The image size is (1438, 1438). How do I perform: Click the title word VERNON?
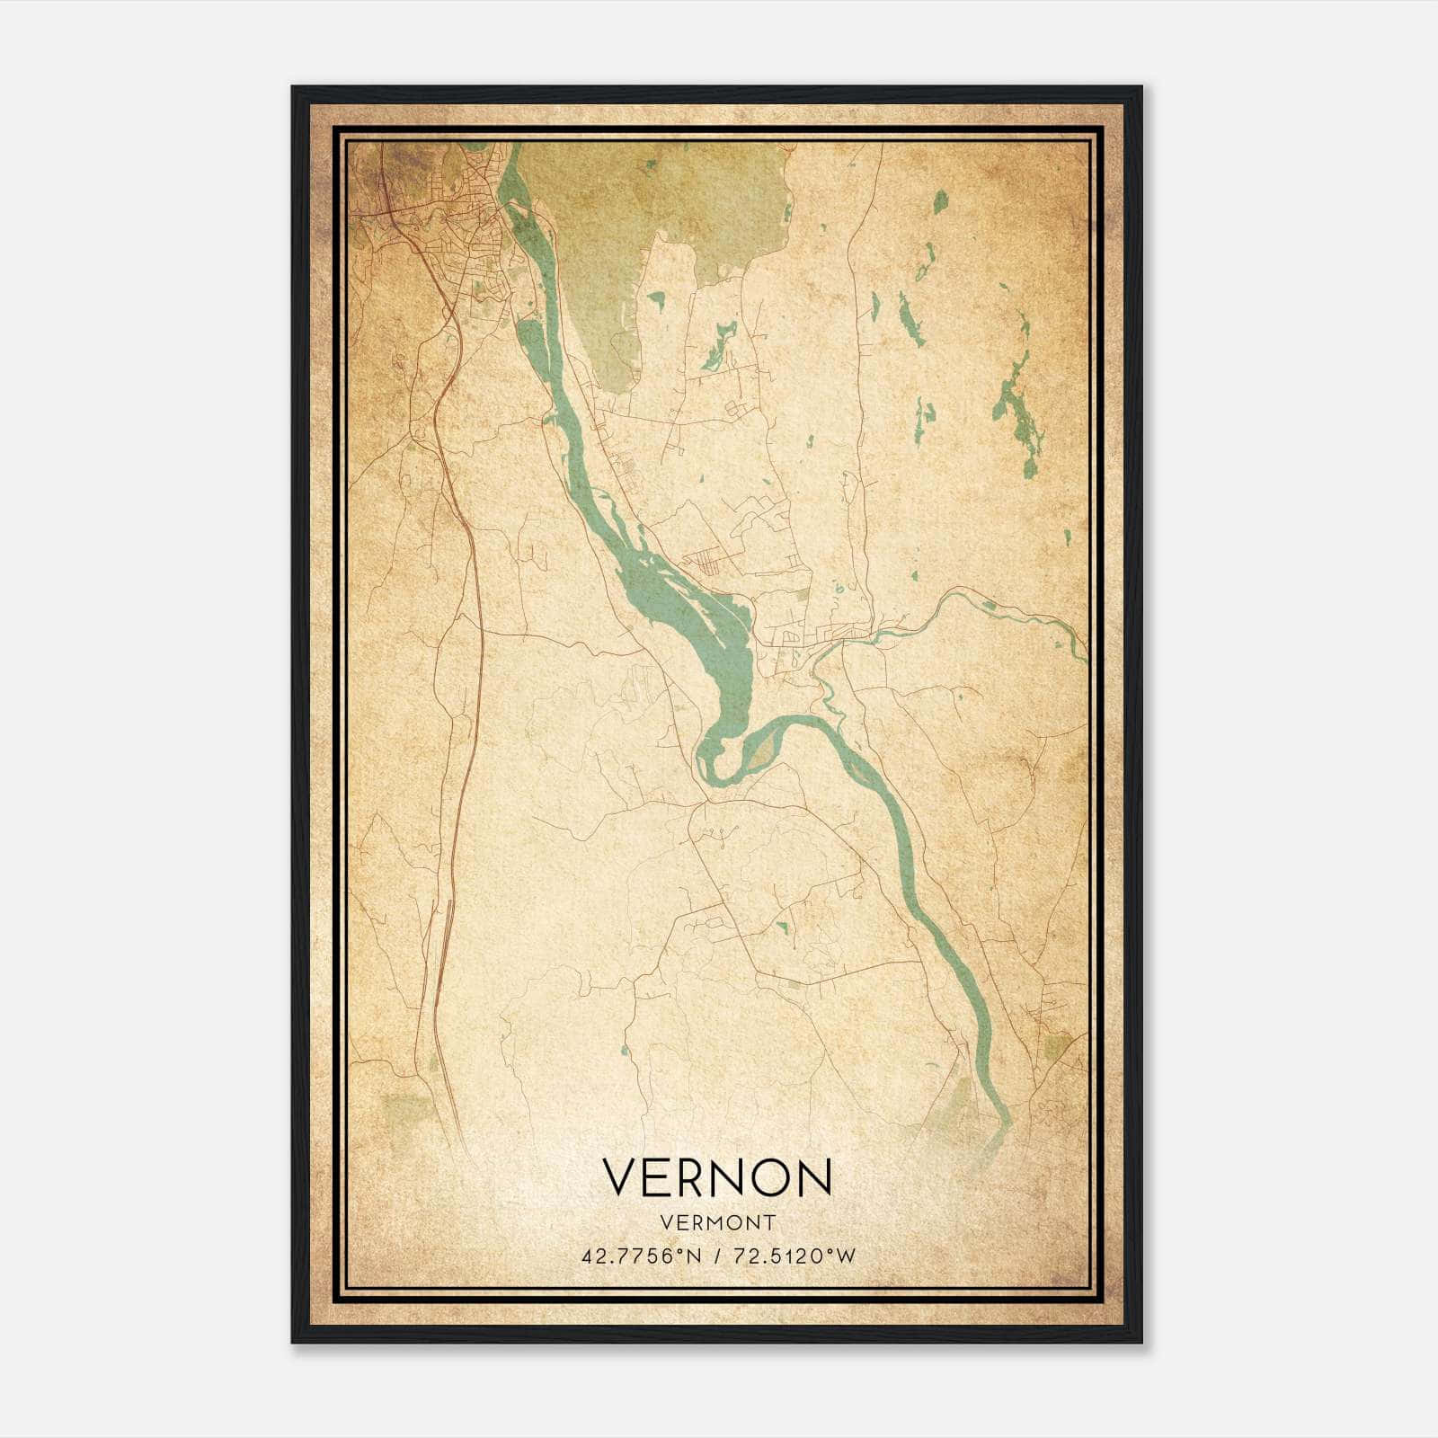tap(716, 1177)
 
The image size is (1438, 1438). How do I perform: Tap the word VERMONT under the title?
tap(717, 1222)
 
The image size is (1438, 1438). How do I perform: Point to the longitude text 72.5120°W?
tap(794, 1256)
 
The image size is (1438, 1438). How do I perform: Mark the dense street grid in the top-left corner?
tap(467, 225)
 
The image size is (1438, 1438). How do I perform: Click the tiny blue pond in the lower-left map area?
tap(624, 1050)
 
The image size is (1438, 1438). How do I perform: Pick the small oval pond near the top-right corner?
tap(940, 201)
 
